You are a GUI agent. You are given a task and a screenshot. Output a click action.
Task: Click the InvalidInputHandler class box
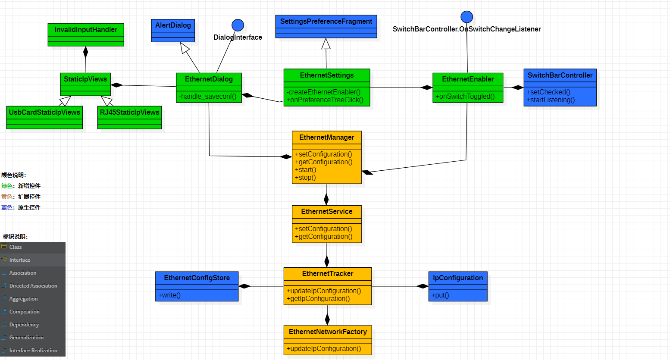[86, 30]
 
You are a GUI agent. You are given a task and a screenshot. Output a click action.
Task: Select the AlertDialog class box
[173, 26]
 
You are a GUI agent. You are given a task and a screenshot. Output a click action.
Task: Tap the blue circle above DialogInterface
[238, 25]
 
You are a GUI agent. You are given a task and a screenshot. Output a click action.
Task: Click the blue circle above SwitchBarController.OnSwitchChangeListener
[466, 17]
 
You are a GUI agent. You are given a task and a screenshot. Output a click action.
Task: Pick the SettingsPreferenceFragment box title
[326, 22]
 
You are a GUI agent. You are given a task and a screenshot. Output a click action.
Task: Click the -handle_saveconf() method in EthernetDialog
[208, 97]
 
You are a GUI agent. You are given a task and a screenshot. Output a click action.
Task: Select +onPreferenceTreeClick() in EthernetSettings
[325, 100]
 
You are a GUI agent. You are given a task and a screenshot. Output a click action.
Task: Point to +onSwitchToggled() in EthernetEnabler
[465, 97]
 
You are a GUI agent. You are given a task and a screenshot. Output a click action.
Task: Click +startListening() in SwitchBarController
[551, 100]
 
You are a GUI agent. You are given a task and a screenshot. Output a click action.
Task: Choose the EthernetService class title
[326, 212]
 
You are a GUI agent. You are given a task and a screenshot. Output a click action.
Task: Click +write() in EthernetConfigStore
[169, 295]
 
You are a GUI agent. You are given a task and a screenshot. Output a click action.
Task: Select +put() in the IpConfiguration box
[440, 295]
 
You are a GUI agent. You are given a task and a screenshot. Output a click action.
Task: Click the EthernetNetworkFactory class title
[328, 332]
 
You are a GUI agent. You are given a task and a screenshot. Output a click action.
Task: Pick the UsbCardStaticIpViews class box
[44, 113]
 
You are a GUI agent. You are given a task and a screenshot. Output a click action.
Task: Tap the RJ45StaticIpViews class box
[129, 113]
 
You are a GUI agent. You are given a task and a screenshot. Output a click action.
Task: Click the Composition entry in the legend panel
[24, 312]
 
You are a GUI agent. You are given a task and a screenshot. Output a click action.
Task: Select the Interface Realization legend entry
[33, 351]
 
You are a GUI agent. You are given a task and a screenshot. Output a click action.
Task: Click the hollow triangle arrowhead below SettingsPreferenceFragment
[326, 44]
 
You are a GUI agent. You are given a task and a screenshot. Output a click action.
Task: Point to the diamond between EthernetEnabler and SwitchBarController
[517, 88]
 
